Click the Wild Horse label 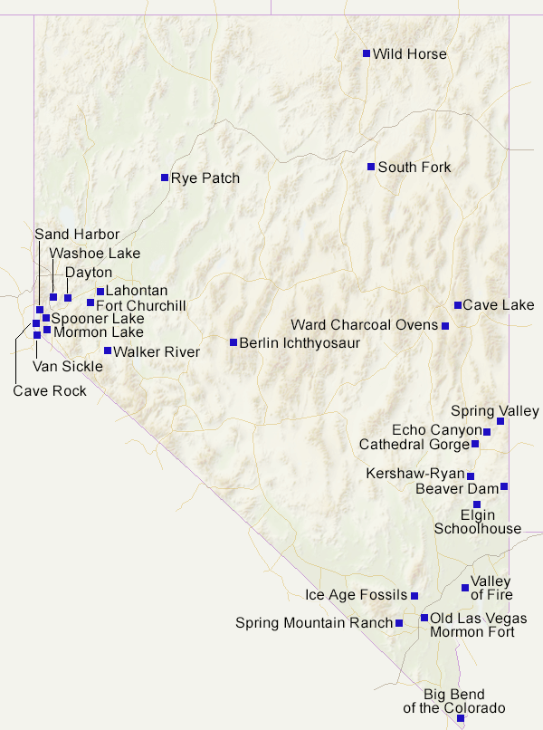pyautogui.click(x=409, y=54)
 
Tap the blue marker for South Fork pyautogui.click(x=371, y=167)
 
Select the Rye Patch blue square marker pyautogui.click(x=165, y=178)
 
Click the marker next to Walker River pyautogui.click(x=108, y=351)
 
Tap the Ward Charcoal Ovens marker pyautogui.click(x=444, y=325)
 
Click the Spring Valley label pyautogui.click(x=494, y=411)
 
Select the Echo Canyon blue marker pyautogui.click(x=487, y=432)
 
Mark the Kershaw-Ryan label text pyautogui.click(x=414, y=474)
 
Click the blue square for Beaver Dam pyautogui.click(x=504, y=486)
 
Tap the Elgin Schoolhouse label pyautogui.click(x=478, y=522)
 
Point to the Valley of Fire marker pyautogui.click(x=465, y=588)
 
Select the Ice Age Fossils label pyautogui.click(x=356, y=596)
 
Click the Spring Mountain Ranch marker pyautogui.click(x=399, y=623)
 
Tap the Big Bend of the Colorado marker pyautogui.click(x=461, y=718)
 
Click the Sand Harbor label pyautogui.click(x=77, y=235)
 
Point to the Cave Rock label pyautogui.click(x=50, y=391)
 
